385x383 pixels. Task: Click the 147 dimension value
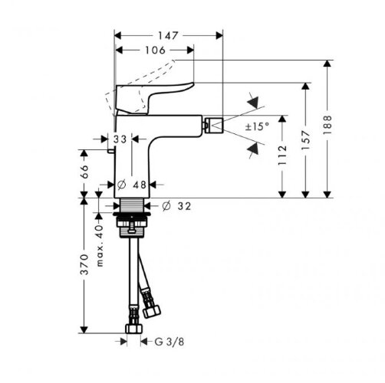[x=167, y=36]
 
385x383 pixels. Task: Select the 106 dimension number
[x=155, y=51]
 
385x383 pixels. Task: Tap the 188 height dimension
[x=327, y=125]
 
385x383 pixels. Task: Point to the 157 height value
[x=305, y=140]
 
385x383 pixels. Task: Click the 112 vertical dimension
[x=282, y=155]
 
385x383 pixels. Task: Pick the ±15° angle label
[x=257, y=126]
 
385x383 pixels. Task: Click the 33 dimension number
[x=120, y=139]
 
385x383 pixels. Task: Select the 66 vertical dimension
[x=84, y=172]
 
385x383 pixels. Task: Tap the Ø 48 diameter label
[x=132, y=185]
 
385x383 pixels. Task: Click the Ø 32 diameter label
[x=176, y=206]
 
